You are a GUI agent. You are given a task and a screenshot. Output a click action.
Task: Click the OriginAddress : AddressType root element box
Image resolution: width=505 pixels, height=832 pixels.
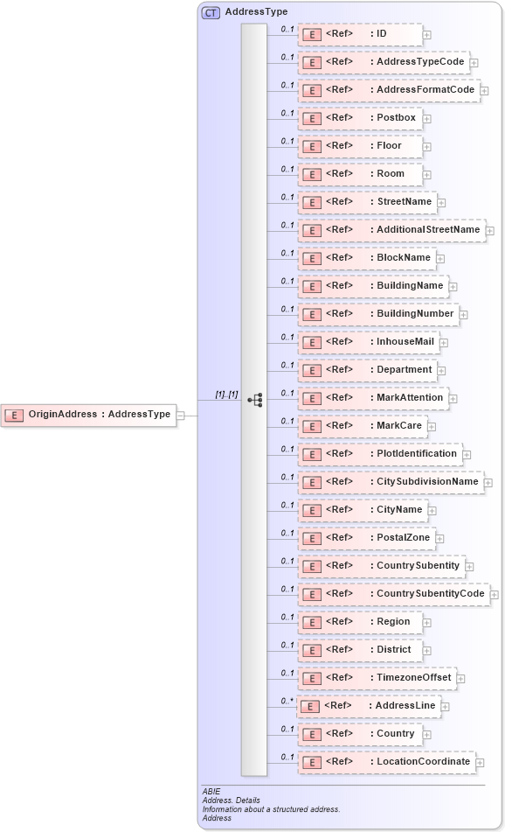(x=89, y=415)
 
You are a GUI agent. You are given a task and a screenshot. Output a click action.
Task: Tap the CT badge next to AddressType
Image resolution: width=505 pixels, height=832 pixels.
(x=211, y=13)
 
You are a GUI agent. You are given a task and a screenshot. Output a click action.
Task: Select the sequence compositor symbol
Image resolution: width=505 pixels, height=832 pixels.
(x=255, y=400)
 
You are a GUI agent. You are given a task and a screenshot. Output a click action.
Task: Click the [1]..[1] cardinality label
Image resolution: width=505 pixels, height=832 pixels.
(x=226, y=395)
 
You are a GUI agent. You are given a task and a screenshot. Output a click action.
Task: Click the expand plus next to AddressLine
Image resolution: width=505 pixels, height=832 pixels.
(x=446, y=707)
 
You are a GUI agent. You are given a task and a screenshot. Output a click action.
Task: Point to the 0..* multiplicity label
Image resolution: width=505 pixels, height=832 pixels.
(x=287, y=702)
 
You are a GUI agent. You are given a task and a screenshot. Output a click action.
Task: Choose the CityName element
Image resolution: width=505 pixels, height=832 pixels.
(x=363, y=510)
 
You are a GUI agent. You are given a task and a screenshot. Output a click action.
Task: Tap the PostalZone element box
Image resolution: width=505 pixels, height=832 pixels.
(x=366, y=538)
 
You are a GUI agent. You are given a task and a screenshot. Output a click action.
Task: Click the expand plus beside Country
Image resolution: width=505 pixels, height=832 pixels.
(x=428, y=735)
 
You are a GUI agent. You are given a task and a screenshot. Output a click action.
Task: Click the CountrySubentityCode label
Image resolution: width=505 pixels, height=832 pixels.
(x=430, y=594)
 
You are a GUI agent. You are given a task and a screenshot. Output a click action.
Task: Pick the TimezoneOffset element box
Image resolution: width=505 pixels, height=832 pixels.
(x=377, y=678)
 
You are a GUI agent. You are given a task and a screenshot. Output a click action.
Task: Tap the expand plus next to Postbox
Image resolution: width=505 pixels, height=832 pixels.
(x=427, y=119)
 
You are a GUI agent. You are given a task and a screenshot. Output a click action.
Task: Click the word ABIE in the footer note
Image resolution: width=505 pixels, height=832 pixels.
(x=211, y=791)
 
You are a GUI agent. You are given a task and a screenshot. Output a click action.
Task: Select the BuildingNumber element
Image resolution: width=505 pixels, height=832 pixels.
(x=378, y=314)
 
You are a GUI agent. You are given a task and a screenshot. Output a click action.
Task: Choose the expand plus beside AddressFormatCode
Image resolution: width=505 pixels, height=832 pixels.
(x=484, y=91)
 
